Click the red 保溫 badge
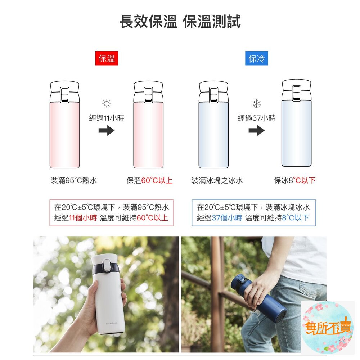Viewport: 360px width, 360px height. (x=107, y=58)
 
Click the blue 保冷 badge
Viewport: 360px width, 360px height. (x=256, y=58)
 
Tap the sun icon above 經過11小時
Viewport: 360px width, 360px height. (x=107, y=104)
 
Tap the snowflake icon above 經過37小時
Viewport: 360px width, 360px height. (x=256, y=104)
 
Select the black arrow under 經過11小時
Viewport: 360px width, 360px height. (x=107, y=130)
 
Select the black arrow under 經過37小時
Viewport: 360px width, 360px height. (x=256, y=130)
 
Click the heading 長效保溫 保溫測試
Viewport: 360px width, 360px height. (x=180, y=22)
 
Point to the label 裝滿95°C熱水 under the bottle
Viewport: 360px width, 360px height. (x=74, y=180)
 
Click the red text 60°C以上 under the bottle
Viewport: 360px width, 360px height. (x=157, y=180)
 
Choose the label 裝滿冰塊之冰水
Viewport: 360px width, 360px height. (x=217, y=180)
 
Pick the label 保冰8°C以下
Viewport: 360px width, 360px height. (x=294, y=180)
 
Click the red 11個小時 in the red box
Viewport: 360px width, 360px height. (x=83, y=218)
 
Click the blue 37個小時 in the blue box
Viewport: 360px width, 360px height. (x=227, y=218)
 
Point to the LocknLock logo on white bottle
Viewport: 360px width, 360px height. (x=112, y=323)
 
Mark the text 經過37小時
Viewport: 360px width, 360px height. (x=256, y=118)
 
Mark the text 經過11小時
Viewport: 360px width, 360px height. (x=107, y=118)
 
